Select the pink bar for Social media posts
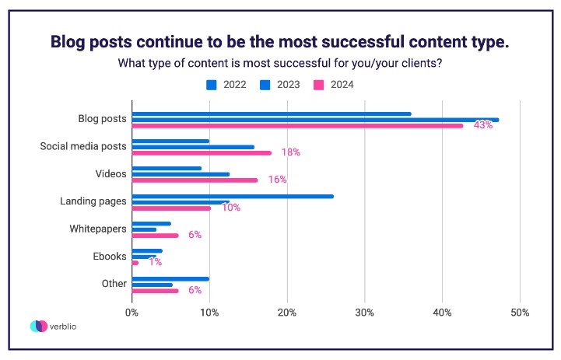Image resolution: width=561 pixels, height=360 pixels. click(x=202, y=152)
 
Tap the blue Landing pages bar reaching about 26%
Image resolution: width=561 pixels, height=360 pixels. click(x=233, y=196)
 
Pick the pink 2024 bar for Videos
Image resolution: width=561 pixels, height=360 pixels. click(x=195, y=180)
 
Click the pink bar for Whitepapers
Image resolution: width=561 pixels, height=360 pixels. click(x=155, y=235)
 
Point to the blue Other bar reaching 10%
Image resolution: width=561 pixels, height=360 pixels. click(x=170, y=278)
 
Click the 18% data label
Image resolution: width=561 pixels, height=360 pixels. click(x=290, y=152)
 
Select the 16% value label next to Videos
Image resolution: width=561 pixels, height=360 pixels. click(x=277, y=180)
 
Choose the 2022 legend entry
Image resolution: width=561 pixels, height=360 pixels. click(x=232, y=84)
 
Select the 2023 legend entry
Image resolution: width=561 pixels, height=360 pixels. click(x=282, y=84)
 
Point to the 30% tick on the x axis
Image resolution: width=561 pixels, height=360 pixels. click(x=365, y=313)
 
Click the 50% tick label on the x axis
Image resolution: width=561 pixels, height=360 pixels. click(x=520, y=313)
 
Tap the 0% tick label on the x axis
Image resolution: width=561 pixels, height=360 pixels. click(x=132, y=313)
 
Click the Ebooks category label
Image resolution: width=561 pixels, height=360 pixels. click(x=110, y=256)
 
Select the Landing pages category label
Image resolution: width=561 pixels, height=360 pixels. click(x=93, y=201)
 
